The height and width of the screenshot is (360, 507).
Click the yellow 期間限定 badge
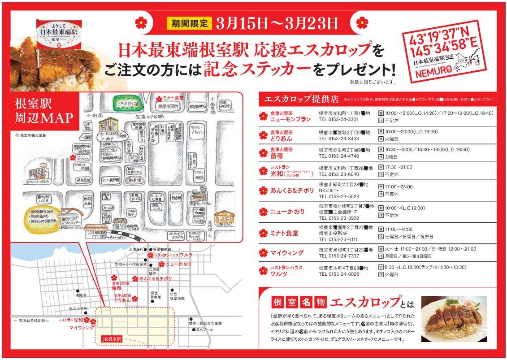click(188, 23)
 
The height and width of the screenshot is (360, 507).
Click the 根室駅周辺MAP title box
click(44, 112)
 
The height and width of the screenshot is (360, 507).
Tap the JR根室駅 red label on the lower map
click(112, 339)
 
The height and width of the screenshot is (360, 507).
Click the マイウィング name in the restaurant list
click(287, 253)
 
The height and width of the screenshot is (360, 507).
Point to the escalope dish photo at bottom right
click(454, 318)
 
